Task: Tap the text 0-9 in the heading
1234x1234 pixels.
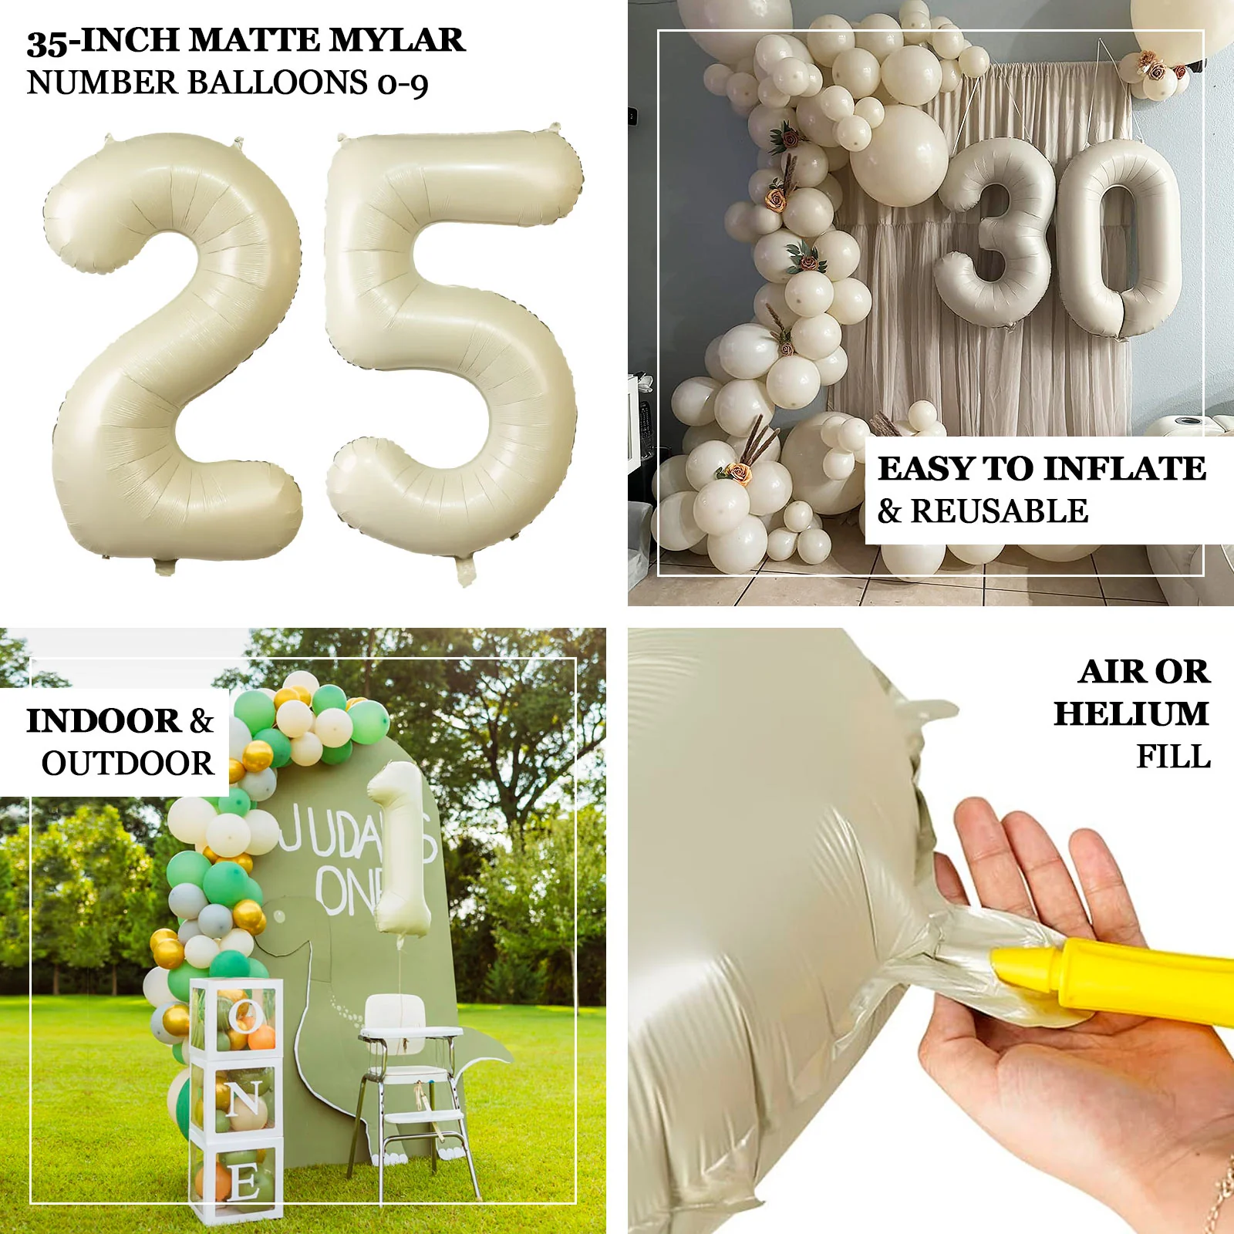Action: (x=403, y=84)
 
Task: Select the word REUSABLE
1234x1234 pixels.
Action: (x=1000, y=511)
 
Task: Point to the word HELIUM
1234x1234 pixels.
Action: (x=1131, y=713)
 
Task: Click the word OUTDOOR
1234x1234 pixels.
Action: (x=128, y=764)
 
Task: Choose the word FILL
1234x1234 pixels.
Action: (x=1173, y=757)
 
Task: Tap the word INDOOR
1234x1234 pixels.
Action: (x=103, y=721)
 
